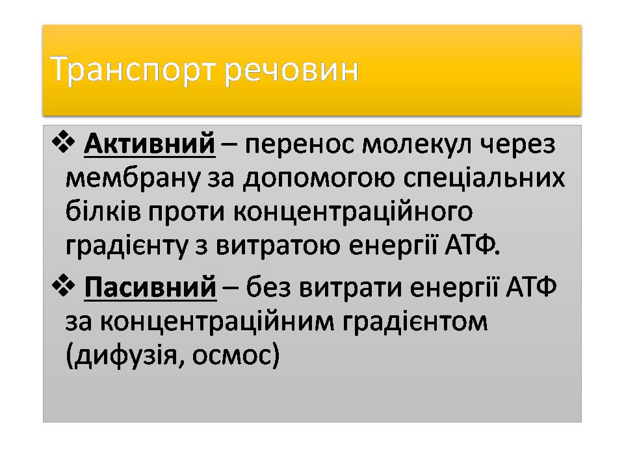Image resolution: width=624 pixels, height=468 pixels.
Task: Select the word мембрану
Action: (x=116, y=177)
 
